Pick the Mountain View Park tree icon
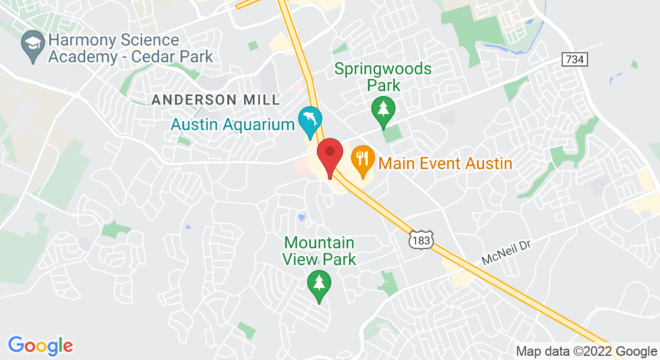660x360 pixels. pos(319,283)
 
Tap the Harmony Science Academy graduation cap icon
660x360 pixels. pos(32,45)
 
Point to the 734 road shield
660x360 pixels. pos(574,59)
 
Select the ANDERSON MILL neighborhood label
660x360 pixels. pos(216,100)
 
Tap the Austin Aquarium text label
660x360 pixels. pos(233,125)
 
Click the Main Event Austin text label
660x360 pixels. pos(446,163)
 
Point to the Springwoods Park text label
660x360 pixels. pos(383,77)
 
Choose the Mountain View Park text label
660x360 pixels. pos(320,251)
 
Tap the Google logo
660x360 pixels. pos(40,346)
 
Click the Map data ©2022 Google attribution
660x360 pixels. pos(587,352)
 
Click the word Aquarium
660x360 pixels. pos(263,125)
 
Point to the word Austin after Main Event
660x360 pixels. pos(485,163)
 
